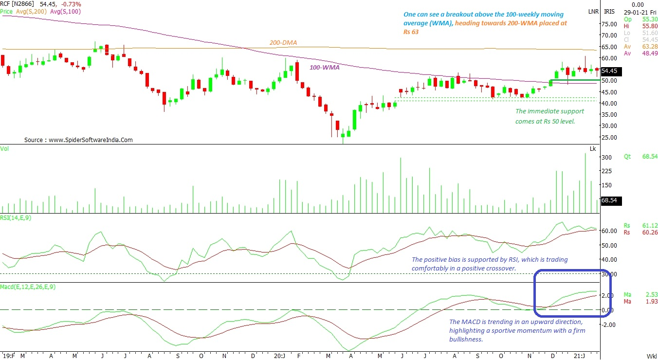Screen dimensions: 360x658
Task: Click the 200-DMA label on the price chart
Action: (283, 43)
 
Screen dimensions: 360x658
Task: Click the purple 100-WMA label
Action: (325, 68)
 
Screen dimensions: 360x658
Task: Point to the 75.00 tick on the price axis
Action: (610, 24)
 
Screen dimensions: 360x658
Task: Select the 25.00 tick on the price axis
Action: (610, 137)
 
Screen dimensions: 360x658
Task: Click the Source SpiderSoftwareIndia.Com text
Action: (78, 140)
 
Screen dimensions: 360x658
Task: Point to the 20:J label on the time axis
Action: (279, 356)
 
